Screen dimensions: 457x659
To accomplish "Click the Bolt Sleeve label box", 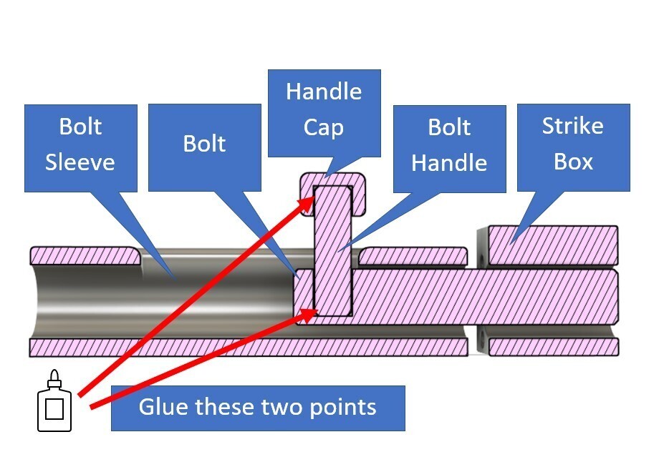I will (80, 147).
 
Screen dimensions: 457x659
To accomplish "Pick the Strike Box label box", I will (573, 147).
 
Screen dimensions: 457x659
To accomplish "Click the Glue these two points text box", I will (258, 408).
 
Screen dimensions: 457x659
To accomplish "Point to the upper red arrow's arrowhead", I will (309, 202).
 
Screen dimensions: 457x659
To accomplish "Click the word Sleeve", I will (80, 162).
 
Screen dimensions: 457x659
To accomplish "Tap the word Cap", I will (324, 127).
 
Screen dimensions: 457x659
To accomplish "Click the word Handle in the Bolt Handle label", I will (448, 163).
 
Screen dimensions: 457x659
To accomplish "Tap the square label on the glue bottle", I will (54, 410).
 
